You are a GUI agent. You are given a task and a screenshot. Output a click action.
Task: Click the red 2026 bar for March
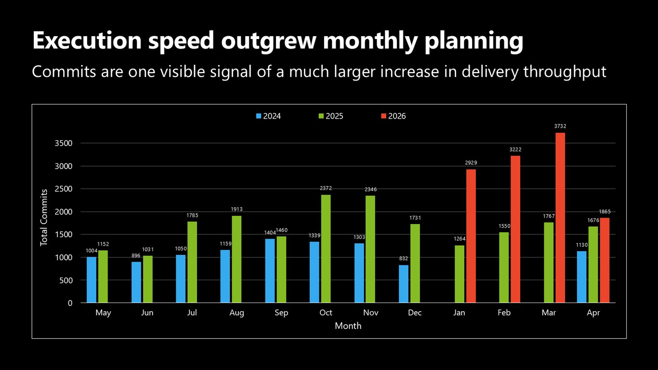pyautogui.click(x=560, y=217)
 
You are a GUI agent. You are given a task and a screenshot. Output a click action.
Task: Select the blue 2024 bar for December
pyautogui.click(x=404, y=284)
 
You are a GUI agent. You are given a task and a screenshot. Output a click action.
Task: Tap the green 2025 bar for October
pyautogui.click(x=326, y=249)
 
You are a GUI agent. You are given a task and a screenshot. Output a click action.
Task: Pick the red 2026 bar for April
pyautogui.click(x=605, y=260)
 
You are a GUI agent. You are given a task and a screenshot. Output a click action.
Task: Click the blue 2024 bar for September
pyautogui.click(x=270, y=271)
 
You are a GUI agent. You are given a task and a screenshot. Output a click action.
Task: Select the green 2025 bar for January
pyautogui.click(x=460, y=274)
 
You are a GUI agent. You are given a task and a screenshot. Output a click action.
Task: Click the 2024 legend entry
pyautogui.click(x=268, y=116)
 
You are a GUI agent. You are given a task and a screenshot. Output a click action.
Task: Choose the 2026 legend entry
pyautogui.click(x=394, y=116)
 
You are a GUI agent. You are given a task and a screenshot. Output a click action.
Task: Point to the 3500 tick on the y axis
pyautogui.click(x=64, y=143)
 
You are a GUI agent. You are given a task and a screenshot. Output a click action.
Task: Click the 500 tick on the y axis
pyautogui.click(x=66, y=280)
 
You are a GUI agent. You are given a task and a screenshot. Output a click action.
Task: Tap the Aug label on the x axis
pyautogui.click(x=237, y=313)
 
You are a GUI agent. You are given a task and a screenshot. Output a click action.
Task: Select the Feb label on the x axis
pyautogui.click(x=504, y=312)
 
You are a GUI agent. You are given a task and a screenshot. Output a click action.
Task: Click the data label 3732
pyautogui.click(x=560, y=126)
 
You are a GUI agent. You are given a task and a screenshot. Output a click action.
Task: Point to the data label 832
pyautogui.click(x=404, y=258)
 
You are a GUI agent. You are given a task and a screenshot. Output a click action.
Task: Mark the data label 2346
pyautogui.click(x=371, y=189)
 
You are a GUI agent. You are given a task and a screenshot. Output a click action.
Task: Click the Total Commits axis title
pyautogui.click(x=44, y=217)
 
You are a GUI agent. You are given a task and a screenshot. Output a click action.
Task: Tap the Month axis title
pyautogui.click(x=348, y=326)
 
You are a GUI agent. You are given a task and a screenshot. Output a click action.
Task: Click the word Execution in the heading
pyautogui.click(x=87, y=40)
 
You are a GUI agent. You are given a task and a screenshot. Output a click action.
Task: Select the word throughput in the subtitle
pyautogui.click(x=565, y=72)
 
